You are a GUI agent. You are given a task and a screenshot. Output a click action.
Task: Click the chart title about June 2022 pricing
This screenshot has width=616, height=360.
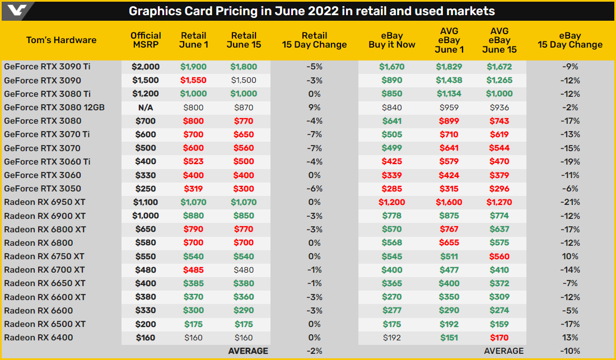(x=312, y=11)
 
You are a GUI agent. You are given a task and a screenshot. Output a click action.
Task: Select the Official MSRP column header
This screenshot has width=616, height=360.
(x=146, y=40)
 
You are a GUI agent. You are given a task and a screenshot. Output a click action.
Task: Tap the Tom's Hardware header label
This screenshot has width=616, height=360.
(x=62, y=40)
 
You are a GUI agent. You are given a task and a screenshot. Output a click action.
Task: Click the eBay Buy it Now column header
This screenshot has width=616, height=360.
(x=391, y=40)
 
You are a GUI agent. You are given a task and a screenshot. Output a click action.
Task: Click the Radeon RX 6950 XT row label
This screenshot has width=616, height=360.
(x=45, y=202)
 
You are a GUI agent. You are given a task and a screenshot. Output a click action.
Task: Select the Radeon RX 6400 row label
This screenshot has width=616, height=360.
(x=39, y=338)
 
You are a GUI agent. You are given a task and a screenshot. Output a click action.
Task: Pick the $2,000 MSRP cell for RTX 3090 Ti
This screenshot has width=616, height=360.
(x=146, y=67)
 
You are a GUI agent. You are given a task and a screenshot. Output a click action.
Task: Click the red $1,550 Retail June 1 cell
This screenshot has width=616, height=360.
(x=193, y=80)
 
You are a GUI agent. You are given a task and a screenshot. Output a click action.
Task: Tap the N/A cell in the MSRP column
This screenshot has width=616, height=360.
(x=146, y=107)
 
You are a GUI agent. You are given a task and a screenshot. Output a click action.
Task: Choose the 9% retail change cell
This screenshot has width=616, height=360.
(x=315, y=107)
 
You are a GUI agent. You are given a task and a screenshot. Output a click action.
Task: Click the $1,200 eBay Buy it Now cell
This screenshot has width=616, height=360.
(x=391, y=202)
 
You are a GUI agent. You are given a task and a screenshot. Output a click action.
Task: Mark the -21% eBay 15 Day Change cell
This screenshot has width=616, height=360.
(x=570, y=202)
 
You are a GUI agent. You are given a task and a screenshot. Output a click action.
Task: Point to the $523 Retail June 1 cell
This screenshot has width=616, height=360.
(x=193, y=161)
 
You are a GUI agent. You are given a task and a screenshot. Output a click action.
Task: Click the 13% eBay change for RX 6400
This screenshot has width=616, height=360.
(x=570, y=338)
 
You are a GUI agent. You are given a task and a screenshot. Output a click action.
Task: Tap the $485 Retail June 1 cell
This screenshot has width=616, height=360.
(x=193, y=270)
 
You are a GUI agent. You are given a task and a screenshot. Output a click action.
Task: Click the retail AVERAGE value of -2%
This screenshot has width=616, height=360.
(x=315, y=351)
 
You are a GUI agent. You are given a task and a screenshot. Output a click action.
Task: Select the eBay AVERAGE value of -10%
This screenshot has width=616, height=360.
(x=570, y=351)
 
